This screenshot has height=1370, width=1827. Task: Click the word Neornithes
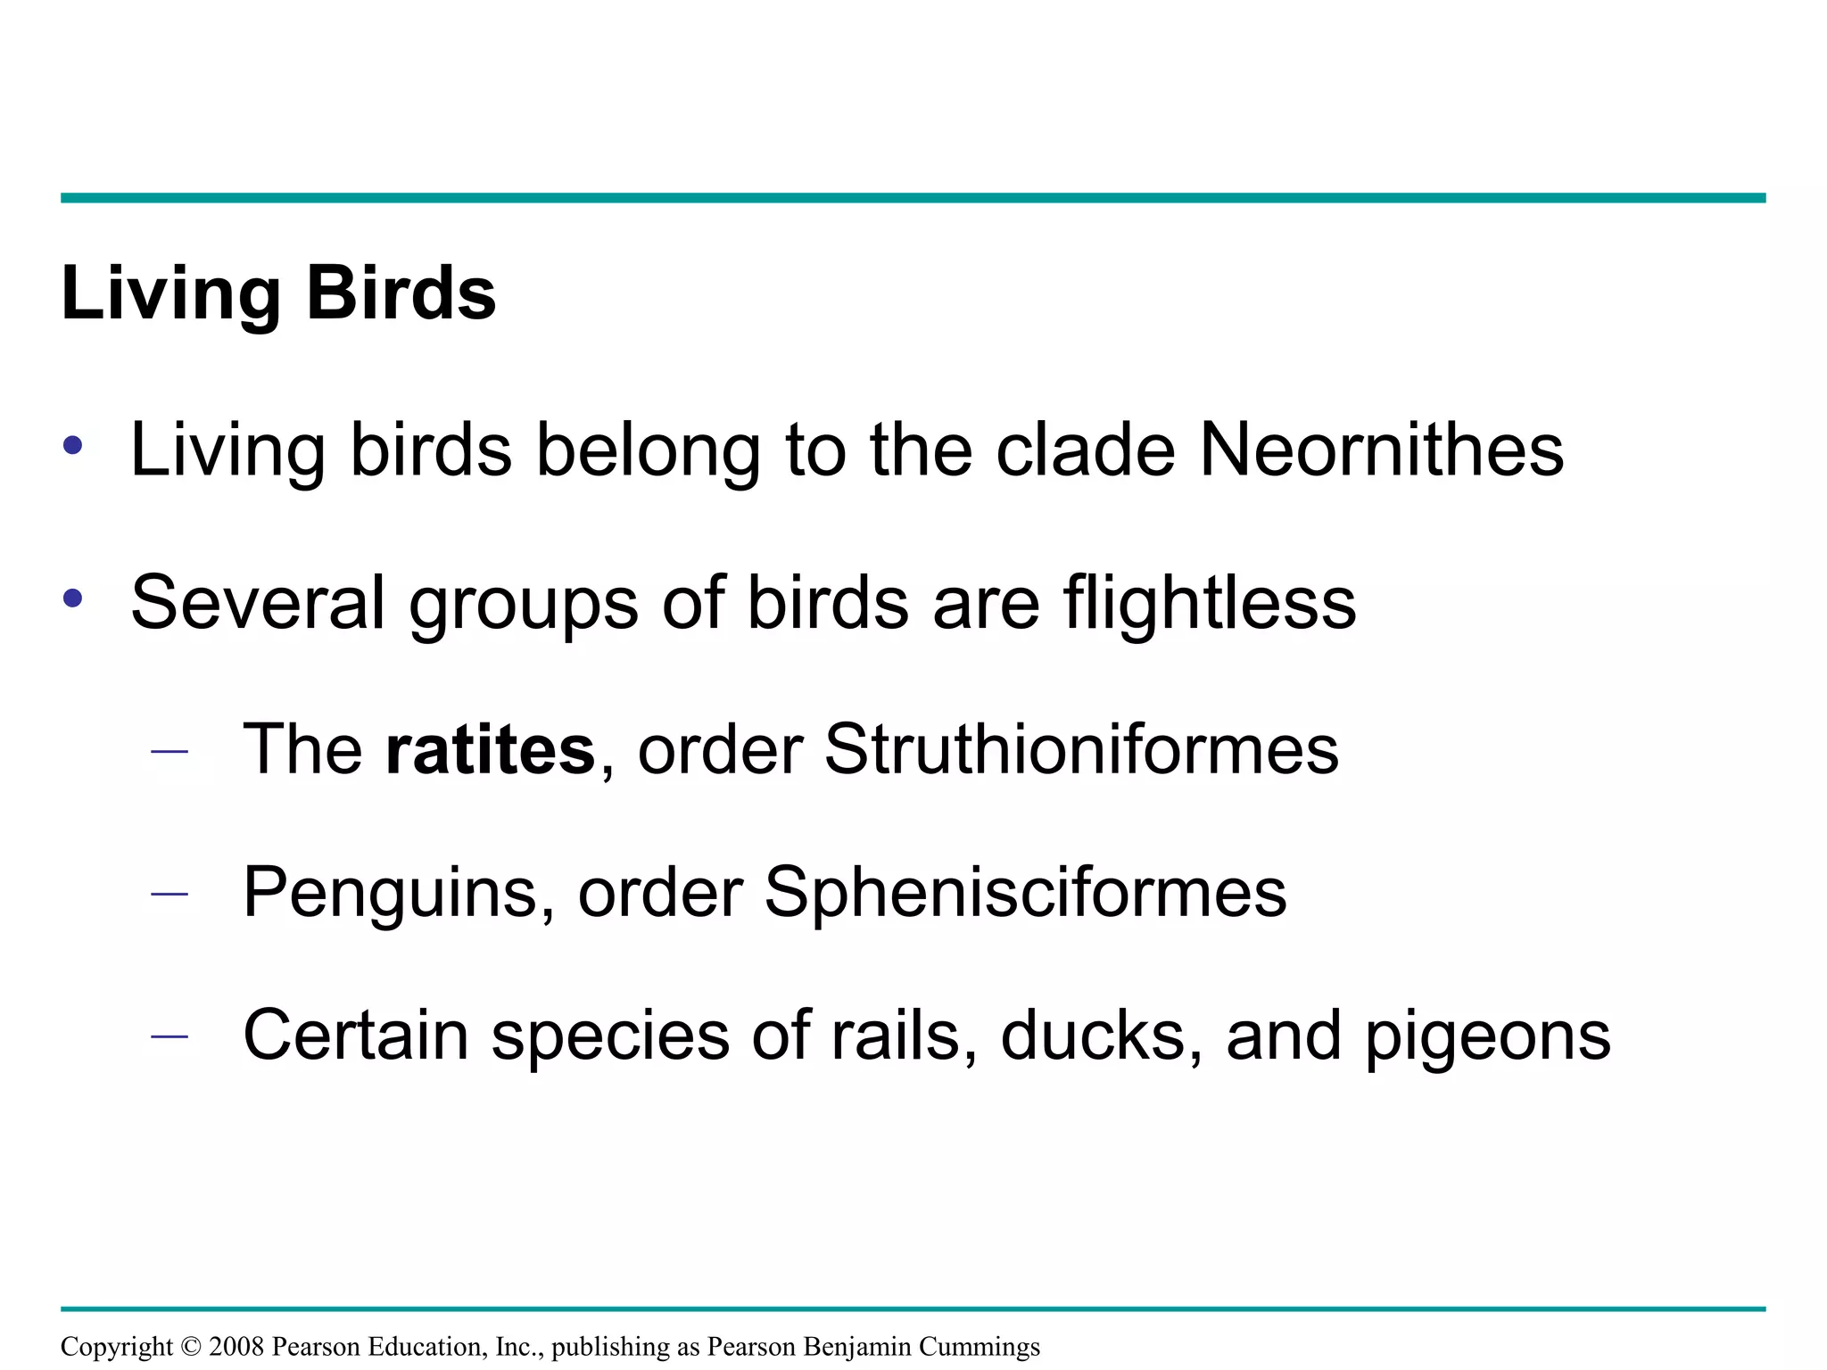pos(1381,450)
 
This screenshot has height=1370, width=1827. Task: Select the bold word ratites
pos(490,750)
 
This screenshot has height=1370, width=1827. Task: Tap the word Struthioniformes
pos(1080,750)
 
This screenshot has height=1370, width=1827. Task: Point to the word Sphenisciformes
pos(1025,893)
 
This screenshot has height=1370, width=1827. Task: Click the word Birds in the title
pos(401,293)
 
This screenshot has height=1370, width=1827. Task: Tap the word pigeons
pos(1487,1037)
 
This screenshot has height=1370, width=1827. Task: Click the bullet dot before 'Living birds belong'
pos(73,445)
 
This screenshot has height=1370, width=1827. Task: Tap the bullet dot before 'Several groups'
pos(73,598)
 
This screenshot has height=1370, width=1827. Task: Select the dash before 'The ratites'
pos(169,752)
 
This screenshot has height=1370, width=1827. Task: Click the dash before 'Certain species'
pos(169,1036)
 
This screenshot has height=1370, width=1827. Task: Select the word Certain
pos(356,1036)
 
